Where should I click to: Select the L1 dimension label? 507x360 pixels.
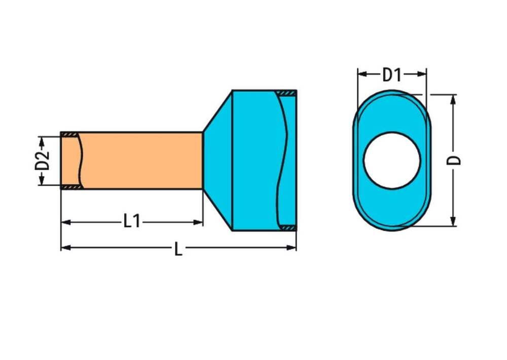(x=132, y=222)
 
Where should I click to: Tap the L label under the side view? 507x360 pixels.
(x=178, y=249)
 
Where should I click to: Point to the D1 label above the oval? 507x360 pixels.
(x=391, y=75)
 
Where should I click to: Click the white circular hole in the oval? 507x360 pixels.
(x=392, y=161)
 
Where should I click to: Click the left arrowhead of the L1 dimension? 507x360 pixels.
(x=65, y=222)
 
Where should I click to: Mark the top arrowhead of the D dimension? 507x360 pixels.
(x=453, y=98)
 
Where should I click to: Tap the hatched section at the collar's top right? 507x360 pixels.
(x=286, y=93)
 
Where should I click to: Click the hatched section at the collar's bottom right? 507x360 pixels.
(x=288, y=228)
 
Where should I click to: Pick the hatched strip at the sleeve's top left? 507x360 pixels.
(x=69, y=134)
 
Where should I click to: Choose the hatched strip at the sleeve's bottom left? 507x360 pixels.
(x=69, y=188)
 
